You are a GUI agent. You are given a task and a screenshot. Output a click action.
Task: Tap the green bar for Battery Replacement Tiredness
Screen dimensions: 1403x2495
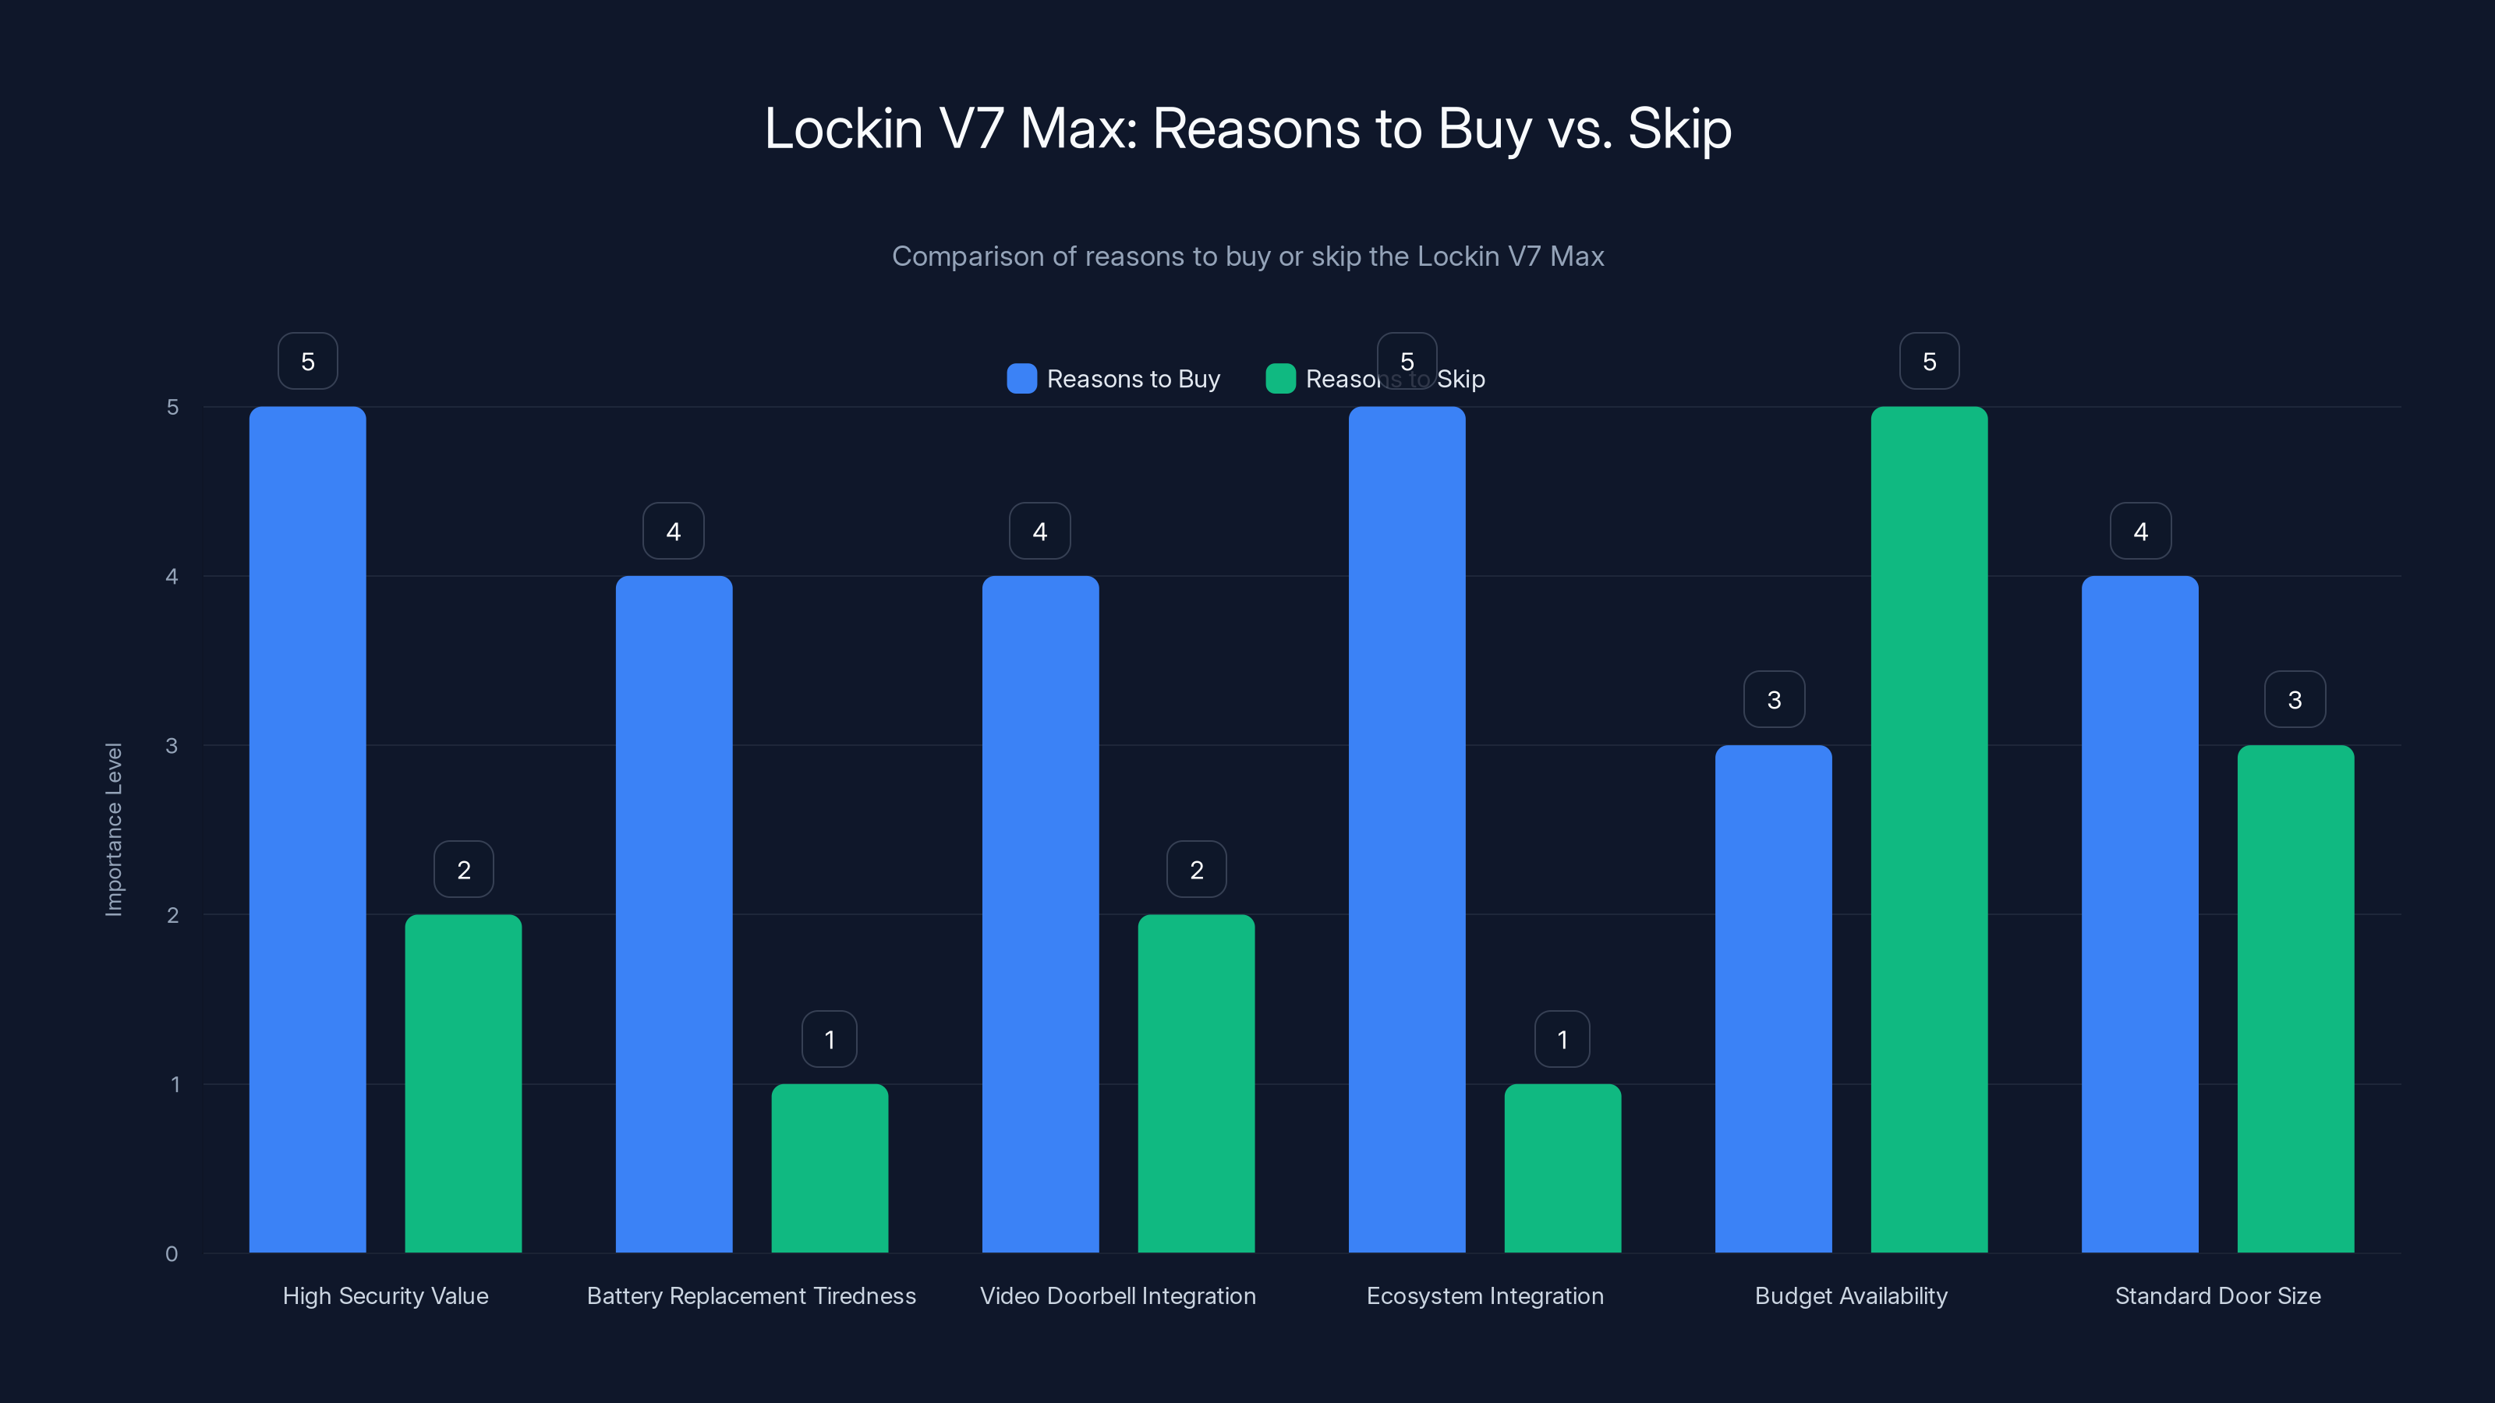coord(829,1168)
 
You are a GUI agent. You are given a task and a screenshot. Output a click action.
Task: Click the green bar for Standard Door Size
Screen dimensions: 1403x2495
coord(2295,998)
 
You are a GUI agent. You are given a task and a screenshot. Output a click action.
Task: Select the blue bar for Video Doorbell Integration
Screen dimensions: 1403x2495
coord(1040,914)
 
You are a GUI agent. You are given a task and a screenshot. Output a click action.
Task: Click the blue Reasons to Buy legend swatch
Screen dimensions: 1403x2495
coord(1022,379)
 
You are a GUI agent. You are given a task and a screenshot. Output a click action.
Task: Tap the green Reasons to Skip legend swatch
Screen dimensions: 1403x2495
coord(1280,379)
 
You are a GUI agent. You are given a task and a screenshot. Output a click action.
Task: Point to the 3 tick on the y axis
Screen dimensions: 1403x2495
coord(172,746)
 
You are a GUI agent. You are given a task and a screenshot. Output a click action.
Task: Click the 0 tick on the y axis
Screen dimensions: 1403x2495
coord(172,1254)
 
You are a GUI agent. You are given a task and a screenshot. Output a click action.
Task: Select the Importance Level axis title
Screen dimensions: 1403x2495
coord(115,829)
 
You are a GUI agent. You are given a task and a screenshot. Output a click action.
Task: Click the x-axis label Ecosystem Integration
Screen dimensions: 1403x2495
coord(1485,1295)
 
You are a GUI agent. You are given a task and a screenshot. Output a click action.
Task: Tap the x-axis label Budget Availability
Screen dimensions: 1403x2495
coord(1851,1295)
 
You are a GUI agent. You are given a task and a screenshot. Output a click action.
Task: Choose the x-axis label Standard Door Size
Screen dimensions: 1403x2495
coord(2217,1295)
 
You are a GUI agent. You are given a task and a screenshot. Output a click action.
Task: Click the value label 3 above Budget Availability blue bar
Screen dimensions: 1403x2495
coord(1774,699)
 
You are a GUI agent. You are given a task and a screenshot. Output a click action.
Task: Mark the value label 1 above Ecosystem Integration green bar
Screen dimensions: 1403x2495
coord(1561,1039)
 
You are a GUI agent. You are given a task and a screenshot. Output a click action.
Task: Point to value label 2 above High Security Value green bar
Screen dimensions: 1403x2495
coord(463,870)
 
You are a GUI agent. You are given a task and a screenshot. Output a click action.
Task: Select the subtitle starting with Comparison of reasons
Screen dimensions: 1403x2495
coord(1247,256)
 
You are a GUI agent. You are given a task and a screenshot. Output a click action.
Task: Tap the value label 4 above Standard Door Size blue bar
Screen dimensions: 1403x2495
coord(2140,531)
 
